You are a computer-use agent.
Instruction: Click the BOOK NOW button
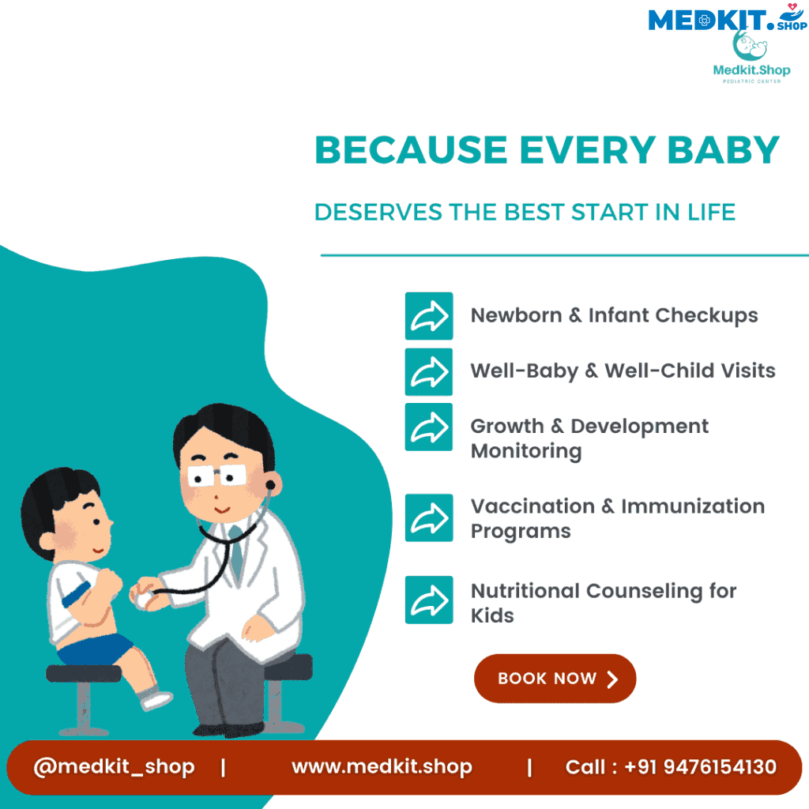pos(555,678)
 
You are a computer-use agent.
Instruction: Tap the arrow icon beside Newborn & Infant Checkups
pos(429,316)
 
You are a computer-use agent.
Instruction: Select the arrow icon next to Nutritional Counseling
pos(429,600)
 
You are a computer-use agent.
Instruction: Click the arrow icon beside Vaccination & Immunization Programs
pos(429,517)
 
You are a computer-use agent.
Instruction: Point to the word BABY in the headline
pos(723,150)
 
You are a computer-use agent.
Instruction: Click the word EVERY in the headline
pos(588,150)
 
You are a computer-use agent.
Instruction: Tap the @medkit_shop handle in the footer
pos(114,766)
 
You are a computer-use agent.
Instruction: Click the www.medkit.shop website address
pos(382,766)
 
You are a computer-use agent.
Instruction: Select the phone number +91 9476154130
pos(700,766)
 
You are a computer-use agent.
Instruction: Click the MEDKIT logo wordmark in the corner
pos(707,20)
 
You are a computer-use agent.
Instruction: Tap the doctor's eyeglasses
pos(217,475)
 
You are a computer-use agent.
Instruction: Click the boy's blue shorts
pos(96,649)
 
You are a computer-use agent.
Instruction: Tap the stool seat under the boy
pos(84,673)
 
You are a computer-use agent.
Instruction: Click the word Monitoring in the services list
pos(526,451)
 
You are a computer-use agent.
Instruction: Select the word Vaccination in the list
pos(532,506)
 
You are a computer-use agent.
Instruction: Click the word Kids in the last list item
pos(492,615)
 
